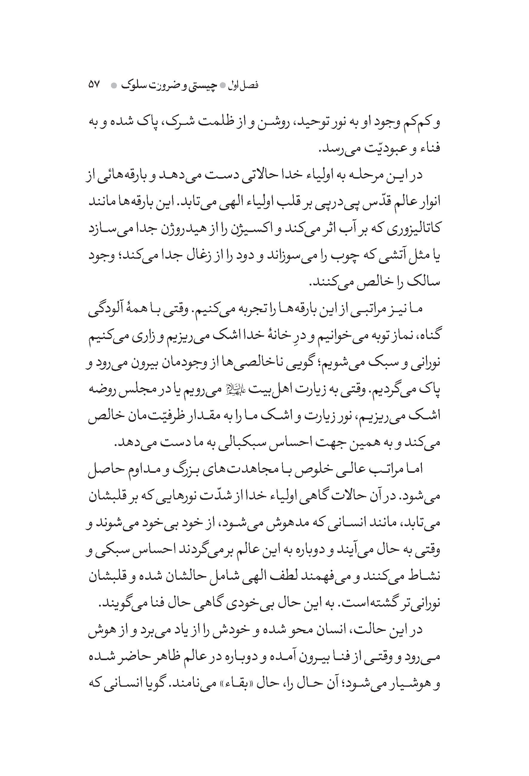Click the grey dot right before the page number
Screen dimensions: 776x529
[x=113, y=85]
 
